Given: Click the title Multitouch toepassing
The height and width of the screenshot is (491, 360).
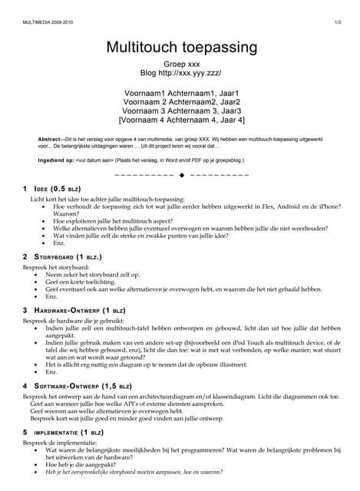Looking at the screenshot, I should point(181,48).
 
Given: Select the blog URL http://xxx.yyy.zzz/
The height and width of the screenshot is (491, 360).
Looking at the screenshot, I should point(199,74).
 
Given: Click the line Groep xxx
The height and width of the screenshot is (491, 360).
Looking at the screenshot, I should point(181,64).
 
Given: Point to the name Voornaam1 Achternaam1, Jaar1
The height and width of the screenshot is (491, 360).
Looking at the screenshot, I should point(181,93).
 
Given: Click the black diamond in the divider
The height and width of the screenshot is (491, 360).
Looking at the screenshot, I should point(182,175).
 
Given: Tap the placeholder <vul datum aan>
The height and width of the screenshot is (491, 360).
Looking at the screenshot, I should point(94,160).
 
